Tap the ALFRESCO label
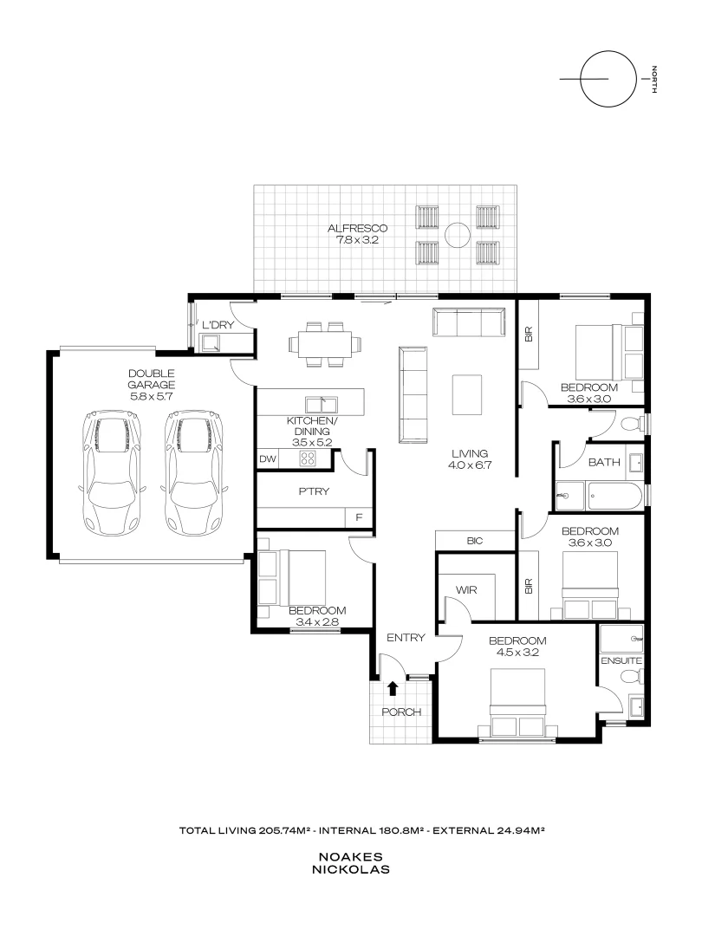coord(357,229)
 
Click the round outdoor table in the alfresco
coord(457,233)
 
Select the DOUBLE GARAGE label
coord(152,379)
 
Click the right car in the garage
coord(194,472)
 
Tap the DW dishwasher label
coord(267,459)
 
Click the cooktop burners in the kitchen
coord(309,459)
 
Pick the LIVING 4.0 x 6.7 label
coord(469,459)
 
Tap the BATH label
coord(604,463)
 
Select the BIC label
coord(474,541)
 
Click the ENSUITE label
coord(621,660)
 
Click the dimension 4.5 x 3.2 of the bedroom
coord(517,653)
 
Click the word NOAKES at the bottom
coord(351,855)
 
